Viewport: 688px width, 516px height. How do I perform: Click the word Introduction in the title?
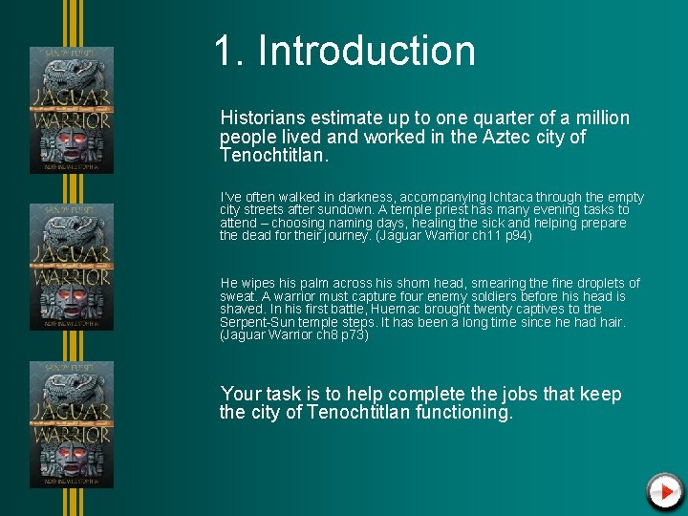(366, 51)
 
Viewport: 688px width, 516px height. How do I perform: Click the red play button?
(664, 491)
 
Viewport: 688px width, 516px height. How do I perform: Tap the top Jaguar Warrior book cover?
(72, 110)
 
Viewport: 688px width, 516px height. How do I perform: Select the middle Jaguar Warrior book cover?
(72, 267)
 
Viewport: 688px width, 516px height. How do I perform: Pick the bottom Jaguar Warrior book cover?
(72, 424)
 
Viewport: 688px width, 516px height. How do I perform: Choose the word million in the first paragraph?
(601, 118)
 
